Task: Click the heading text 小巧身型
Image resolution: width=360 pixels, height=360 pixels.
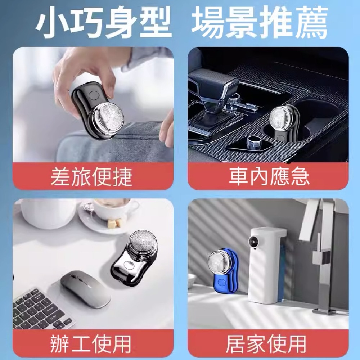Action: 104,22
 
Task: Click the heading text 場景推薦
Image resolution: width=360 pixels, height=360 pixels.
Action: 260,22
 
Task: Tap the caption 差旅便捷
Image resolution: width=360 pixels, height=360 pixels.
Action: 91,177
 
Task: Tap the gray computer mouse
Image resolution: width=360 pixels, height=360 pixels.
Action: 85,288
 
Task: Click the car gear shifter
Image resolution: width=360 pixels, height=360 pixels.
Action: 216,86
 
